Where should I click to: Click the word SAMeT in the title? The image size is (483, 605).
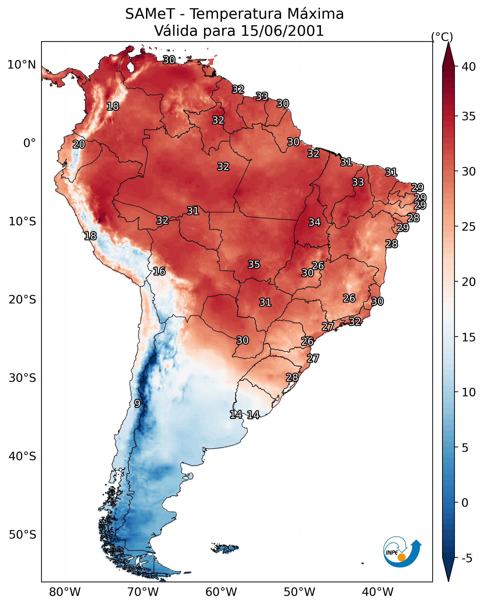(x=150, y=14)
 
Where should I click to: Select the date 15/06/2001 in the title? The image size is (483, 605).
(x=282, y=31)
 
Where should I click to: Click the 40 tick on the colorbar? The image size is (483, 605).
(x=469, y=67)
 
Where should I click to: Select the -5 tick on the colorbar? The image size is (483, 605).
(x=467, y=558)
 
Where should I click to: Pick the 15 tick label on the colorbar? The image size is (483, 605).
(x=469, y=337)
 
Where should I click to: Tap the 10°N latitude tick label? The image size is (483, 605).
(x=21, y=65)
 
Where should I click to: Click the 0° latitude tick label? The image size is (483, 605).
(x=29, y=143)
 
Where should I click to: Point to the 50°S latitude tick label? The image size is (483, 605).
(x=22, y=535)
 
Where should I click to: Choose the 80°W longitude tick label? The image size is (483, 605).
(x=65, y=592)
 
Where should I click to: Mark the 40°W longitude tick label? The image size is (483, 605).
(x=378, y=592)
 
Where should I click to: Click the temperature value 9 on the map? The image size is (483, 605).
(x=137, y=404)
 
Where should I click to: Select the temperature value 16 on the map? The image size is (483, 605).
(x=159, y=271)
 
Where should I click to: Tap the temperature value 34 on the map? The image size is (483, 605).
(x=315, y=222)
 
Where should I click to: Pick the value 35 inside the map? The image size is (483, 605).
(x=254, y=264)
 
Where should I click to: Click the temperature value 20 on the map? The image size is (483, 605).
(x=79, y=145)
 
